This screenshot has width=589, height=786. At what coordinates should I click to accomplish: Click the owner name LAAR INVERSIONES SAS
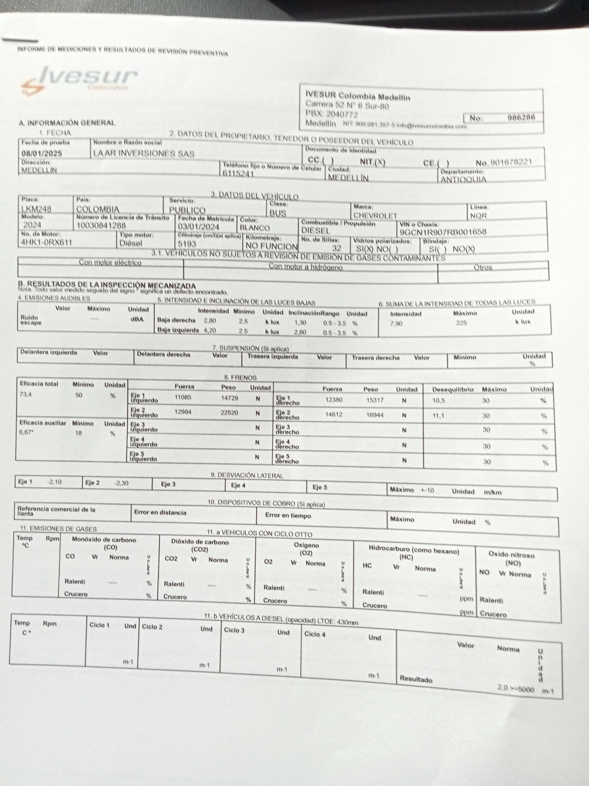(144, 153)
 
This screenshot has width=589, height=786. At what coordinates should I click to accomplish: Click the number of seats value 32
(336, 248)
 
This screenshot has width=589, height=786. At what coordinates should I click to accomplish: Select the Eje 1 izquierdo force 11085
(183, 397)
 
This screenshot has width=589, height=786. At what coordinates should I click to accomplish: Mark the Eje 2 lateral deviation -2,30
(121, 483)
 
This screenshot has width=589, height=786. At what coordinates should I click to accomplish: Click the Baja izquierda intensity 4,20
(210, 330)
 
